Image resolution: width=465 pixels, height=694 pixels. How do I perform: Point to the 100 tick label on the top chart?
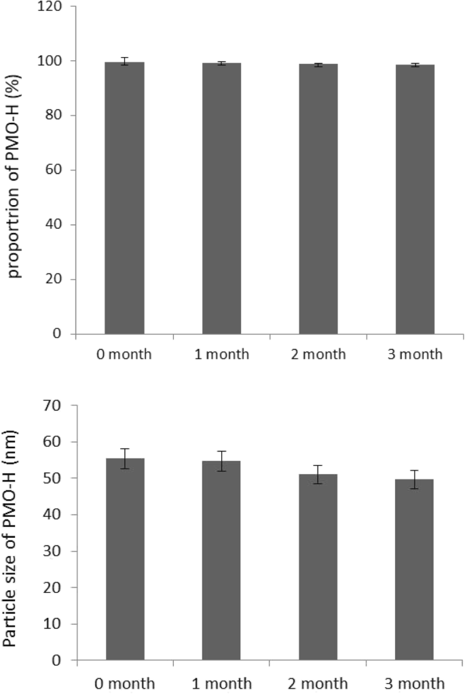(x=53, y=61)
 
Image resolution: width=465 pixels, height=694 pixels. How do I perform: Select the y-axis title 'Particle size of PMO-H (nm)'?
(x=18, y=532)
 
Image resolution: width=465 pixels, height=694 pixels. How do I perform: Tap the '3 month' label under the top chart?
(x=415, y=354)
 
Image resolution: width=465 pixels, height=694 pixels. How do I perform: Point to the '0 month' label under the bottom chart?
(x=124, y=682)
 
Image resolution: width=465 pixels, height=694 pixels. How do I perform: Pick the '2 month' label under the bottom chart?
(x=318, y=682)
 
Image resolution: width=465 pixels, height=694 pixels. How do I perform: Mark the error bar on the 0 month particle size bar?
(x=124, y=458)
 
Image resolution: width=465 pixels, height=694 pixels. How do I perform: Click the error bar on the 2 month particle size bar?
(x=318, y=474)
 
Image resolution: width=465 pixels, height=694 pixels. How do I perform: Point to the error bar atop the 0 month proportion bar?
(x=124, y=61)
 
